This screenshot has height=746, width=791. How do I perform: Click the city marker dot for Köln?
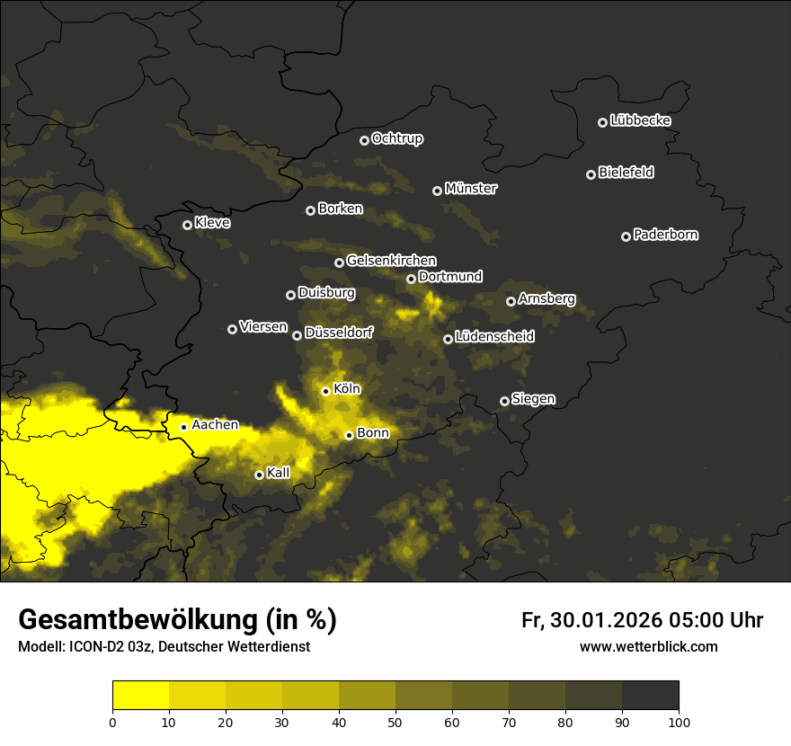325,391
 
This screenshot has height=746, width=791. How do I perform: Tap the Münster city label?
470,189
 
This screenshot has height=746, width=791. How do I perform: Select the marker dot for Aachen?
183,427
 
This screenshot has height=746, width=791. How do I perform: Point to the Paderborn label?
665,235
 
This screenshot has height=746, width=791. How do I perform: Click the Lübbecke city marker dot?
602,122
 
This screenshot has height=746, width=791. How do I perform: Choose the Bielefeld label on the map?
626,173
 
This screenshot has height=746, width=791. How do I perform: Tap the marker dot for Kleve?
187,225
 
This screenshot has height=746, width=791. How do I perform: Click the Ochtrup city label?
396,138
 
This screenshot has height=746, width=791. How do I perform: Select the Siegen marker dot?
504,401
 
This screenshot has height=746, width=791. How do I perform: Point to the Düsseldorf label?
338,333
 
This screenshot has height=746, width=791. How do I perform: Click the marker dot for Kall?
259,475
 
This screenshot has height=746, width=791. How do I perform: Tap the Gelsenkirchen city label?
391,261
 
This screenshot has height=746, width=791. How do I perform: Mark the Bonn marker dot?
349,435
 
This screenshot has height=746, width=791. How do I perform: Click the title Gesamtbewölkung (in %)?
177,620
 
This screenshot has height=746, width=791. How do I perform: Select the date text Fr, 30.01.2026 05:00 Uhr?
642,620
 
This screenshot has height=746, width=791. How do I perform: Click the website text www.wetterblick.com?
648,647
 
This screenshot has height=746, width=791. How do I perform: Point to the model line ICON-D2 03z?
164,647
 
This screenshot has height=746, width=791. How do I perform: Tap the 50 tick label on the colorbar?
395,721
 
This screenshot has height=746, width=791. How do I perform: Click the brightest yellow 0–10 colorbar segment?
140,695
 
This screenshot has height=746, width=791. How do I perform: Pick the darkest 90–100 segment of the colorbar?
650,695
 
